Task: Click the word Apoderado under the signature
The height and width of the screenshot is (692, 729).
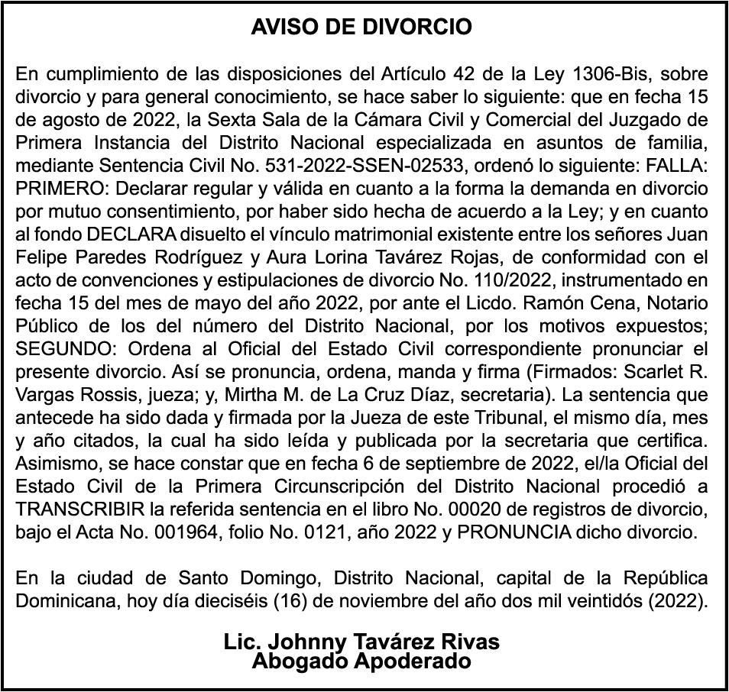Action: tap(412, 661)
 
